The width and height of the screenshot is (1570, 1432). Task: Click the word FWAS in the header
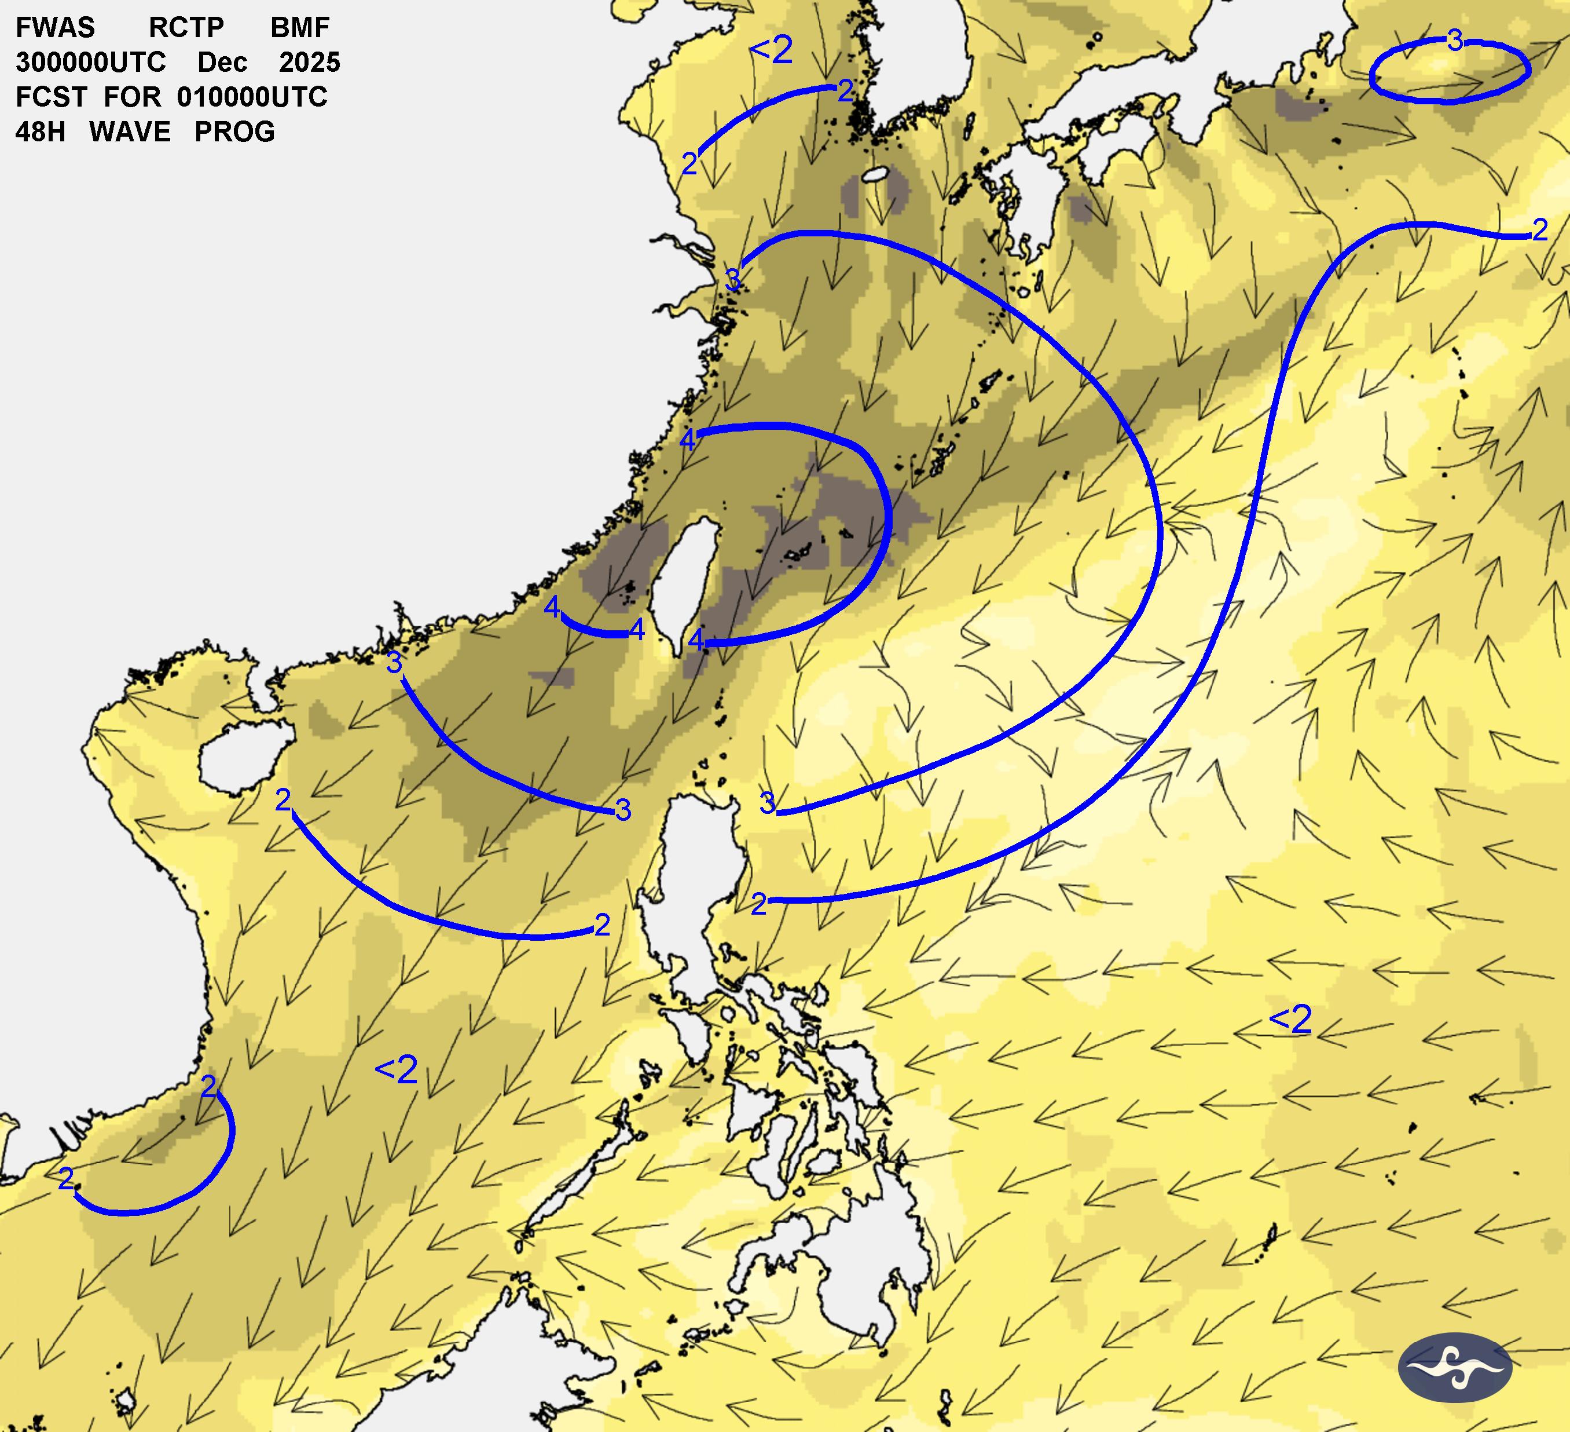pos(54,27)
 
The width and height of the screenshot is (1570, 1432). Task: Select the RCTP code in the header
pos(186,27)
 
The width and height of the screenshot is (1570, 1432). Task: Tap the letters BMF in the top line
pos(300,27)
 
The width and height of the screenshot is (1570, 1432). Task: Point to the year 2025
pos(309,63)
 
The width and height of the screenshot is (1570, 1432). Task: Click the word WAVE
pos(130,131)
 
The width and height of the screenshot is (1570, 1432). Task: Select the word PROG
pos(234,131)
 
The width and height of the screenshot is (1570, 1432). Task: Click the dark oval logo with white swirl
pos(1455,1367)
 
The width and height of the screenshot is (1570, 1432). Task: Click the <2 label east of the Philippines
pos(1290,1020)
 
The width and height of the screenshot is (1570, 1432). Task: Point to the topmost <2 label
pos(771,50)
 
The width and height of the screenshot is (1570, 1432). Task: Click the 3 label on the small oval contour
pos(1455,41)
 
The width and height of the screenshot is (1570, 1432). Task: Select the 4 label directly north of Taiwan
pos(687,440)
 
